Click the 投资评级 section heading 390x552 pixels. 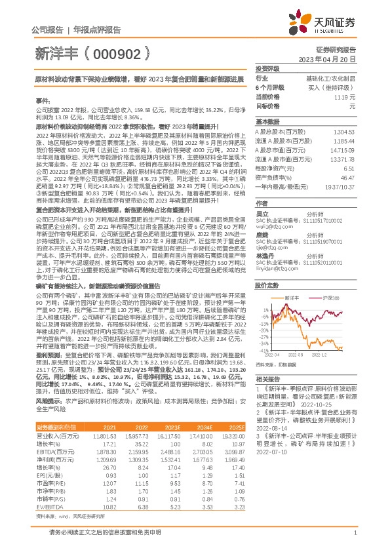click(x=267, y=68)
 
